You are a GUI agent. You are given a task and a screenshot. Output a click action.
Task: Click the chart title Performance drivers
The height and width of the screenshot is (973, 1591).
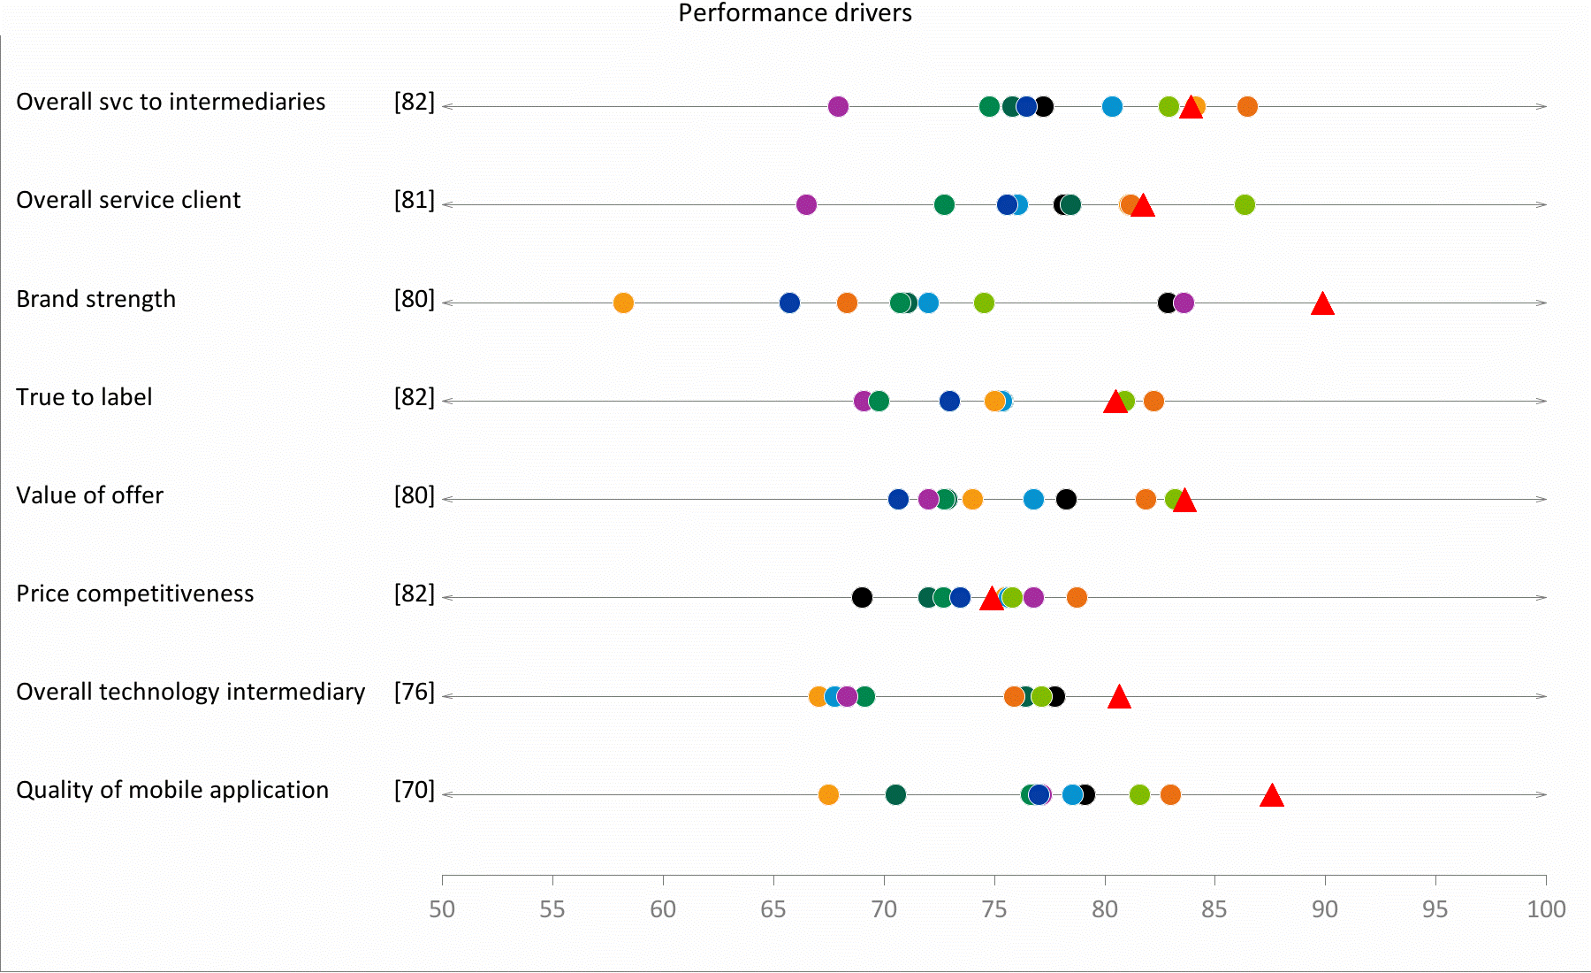point(795,13)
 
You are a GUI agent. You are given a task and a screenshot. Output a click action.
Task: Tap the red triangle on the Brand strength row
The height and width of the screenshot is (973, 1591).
point(1322,304)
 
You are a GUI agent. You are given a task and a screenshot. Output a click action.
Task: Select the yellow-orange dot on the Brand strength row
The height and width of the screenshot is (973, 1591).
point(623,303)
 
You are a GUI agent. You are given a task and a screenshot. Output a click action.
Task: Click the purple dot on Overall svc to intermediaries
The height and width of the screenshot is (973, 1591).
point(838,106)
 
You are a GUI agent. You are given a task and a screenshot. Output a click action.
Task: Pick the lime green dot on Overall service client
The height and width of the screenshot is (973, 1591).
point(1245,204)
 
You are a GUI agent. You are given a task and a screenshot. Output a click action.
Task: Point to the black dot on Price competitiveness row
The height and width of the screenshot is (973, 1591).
point(862,597)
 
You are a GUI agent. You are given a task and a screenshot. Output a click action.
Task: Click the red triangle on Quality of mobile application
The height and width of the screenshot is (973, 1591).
point(1272,796)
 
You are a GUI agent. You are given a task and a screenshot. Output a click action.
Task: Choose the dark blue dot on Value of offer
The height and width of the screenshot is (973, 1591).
point(898,499)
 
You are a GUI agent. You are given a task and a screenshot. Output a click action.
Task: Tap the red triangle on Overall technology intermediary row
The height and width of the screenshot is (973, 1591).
point(1119,698)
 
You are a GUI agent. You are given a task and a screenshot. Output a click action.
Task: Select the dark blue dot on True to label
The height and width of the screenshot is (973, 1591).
point(949,401)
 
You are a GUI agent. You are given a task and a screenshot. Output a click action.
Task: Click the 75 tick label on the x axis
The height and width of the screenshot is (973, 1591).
point(994,909)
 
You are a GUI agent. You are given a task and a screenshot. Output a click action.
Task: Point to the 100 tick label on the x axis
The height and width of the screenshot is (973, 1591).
point(1546,909)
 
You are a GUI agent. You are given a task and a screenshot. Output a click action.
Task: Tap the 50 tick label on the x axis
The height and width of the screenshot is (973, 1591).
point(442,909)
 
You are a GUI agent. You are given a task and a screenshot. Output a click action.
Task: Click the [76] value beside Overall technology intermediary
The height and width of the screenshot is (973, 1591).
point(415,692)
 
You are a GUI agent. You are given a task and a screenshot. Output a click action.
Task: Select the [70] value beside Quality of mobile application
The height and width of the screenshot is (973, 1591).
point(415,790)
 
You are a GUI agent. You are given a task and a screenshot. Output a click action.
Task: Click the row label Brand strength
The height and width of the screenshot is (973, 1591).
point(96,299)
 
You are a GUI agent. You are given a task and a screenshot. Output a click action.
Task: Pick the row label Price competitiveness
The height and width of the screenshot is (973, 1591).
point(135,594)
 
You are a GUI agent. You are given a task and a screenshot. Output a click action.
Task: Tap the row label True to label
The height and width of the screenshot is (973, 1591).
point(84,397)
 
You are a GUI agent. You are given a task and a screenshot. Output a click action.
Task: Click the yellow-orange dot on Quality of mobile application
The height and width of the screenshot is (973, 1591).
point(828,794)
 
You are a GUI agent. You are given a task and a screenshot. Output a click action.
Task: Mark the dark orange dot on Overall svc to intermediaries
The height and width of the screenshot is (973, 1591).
point(1247,106)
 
